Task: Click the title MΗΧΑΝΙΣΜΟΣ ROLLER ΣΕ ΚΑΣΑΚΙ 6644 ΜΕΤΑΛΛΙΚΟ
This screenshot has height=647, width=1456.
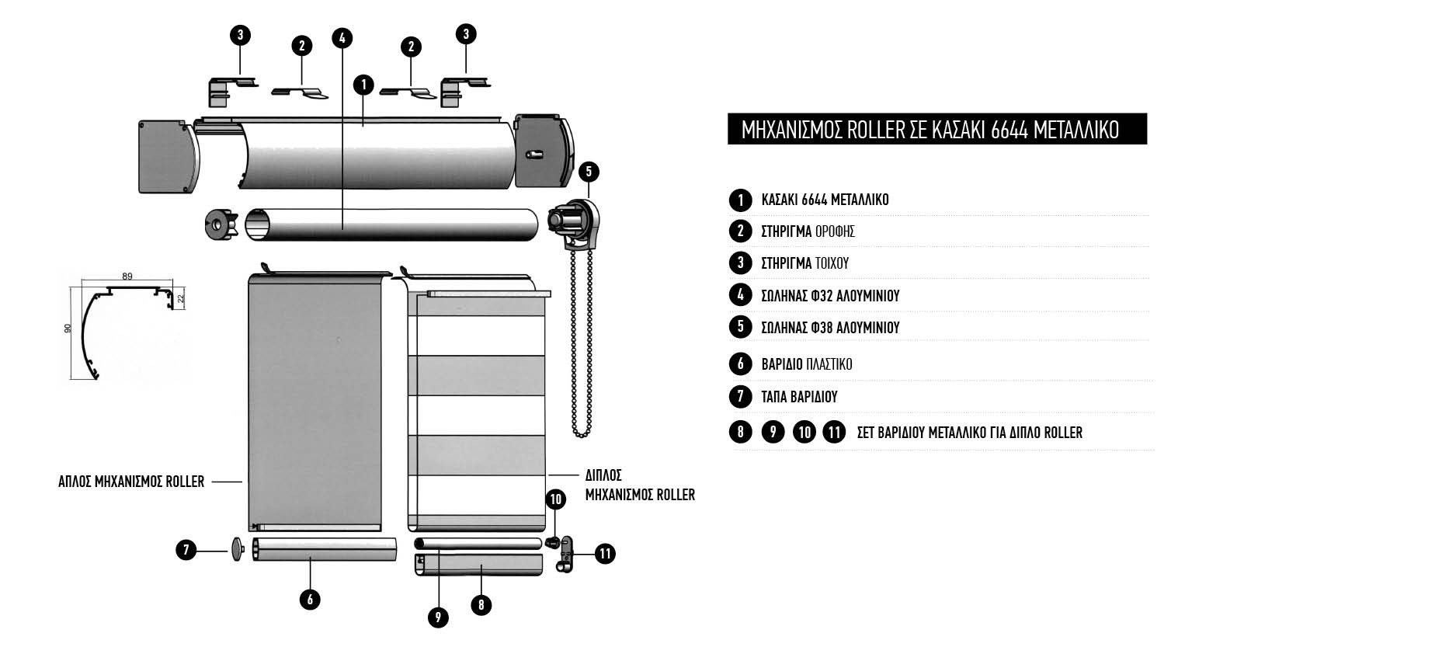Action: pos(930,130)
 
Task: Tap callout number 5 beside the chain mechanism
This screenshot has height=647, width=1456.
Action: pos(589,172)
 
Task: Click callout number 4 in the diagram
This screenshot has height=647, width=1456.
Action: pos(342,37)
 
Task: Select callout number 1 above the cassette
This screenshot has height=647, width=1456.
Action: pos(363,84)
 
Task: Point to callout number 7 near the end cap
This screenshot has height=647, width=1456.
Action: pos(186,551)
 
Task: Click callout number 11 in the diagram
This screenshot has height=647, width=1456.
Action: pos(604,554)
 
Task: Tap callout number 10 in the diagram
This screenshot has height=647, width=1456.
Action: pos(556,499)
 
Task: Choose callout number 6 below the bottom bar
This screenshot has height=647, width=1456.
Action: pos(309,599)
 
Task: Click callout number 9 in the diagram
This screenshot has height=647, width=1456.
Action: pos(438,617)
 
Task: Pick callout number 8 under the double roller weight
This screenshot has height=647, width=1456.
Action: pos(481,604)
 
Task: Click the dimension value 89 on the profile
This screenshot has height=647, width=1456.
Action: pos(127,276)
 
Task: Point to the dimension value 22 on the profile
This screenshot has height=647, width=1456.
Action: pos(181,298)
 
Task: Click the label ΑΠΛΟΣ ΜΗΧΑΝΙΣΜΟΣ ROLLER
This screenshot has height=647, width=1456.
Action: pos(131,482)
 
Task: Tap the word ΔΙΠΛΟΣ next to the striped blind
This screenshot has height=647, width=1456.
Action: pos(603,475)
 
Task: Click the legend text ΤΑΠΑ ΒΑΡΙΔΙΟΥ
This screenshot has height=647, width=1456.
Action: pos(799,397)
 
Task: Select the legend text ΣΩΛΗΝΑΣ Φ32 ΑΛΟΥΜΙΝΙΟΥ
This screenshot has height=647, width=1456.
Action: pos(830,295)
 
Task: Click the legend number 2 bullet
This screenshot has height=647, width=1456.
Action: pos(740,231)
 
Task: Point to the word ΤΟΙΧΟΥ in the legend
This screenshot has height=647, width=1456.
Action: pos(832,263)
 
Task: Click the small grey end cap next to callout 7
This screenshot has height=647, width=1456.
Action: pos(237,550)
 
